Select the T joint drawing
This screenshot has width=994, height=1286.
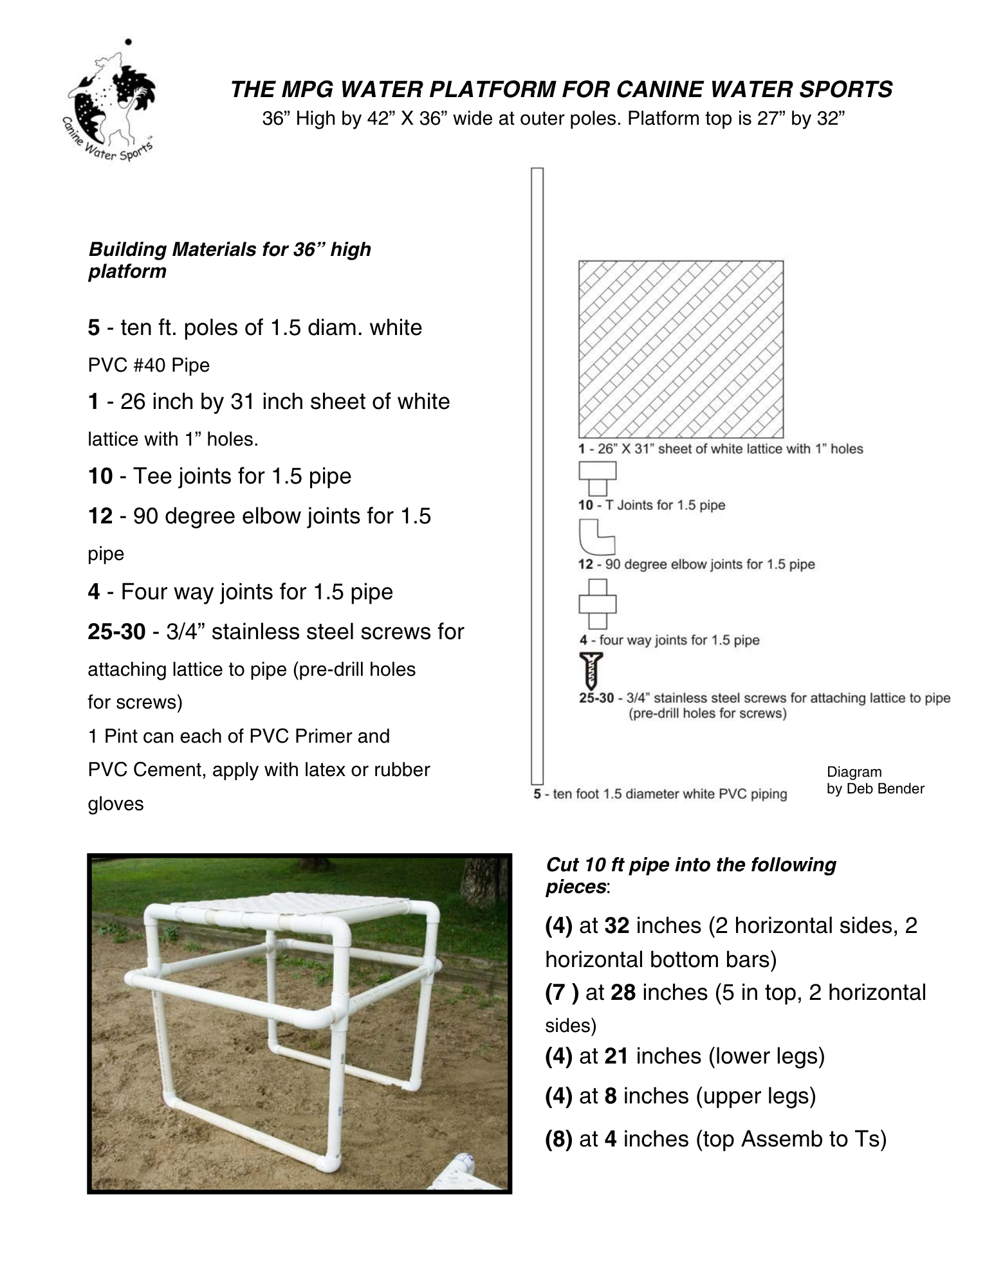[597, 478]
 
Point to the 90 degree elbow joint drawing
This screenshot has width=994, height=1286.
[596, 537]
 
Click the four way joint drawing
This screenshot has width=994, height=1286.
[597, 604]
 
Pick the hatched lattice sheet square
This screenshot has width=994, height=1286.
[681, 349]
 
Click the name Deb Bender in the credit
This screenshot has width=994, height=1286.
[885, 789]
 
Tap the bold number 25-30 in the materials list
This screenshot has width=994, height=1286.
[116, 632]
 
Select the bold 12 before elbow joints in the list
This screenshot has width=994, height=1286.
[100, 516]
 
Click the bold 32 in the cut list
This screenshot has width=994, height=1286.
[616, 925]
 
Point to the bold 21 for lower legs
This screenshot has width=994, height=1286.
[616, 1056]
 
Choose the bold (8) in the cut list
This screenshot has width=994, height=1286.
[558, 1139]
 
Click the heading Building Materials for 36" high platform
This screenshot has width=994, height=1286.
[229, 260]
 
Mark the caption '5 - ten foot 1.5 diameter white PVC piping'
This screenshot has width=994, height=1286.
[660, 794]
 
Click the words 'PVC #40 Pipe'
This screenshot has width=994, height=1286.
[149, 365]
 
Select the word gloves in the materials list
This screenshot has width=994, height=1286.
[116, 804]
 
